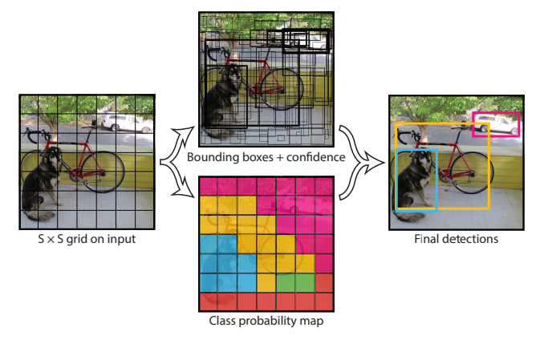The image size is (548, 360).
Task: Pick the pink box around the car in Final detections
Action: point(496,115)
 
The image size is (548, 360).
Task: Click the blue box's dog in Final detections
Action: point(416,180)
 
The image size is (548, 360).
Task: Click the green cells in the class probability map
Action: point(294,282)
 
